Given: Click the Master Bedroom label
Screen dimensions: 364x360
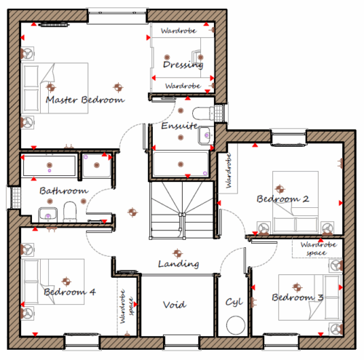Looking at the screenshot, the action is (85, 100).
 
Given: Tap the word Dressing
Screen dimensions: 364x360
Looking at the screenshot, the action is (183, 65).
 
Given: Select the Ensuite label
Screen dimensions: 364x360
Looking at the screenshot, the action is (180, 126).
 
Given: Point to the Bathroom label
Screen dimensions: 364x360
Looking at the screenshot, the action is (64, 191).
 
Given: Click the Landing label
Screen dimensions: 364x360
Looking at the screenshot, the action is (178, 264).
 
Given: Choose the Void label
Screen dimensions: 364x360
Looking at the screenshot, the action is (175, 305).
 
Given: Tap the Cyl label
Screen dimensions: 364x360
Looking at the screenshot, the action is (234, 303).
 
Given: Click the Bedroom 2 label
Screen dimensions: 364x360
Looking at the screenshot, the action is (282, 199).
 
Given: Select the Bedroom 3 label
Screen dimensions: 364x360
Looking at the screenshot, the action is (298, 297).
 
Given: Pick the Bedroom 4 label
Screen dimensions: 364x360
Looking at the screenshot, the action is (70, 292).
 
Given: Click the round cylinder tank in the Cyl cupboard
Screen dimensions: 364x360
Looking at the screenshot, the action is (236, 325).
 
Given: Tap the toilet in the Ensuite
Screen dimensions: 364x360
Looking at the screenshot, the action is (203, 113).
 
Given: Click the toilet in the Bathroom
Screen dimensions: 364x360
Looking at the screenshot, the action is (70, 212).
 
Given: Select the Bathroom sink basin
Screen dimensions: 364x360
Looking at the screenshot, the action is (48, 215).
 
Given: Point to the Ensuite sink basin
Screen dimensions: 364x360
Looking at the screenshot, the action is (206, 136).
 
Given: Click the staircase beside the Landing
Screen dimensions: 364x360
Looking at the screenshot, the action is (182, 210).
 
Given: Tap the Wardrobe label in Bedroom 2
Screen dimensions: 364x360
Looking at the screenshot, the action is (228, 171).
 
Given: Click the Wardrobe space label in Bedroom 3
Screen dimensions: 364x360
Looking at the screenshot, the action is (318, 249).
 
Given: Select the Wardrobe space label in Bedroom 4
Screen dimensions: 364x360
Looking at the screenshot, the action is (127, 306).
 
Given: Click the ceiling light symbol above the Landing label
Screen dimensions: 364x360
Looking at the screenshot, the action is (178, 253).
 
